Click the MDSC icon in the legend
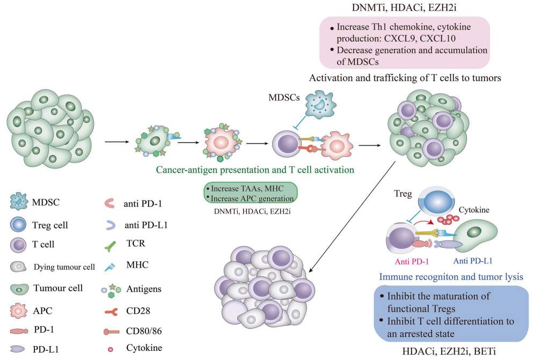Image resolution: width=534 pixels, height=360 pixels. tap(19, 202)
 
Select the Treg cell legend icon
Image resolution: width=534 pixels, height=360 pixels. tap(18, 225)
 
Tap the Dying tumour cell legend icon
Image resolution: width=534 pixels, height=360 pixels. tap(18, 267)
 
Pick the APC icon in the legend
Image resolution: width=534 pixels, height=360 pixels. tap(18, 310)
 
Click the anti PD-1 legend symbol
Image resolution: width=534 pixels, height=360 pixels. tap(109, 203)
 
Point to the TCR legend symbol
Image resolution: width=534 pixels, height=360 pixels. tap(110, 246)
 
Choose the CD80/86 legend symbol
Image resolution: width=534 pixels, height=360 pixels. tap(112, 332)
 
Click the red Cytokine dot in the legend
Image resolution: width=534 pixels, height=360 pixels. tap(111, 349)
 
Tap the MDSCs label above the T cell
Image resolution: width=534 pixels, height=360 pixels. tap(284, 98)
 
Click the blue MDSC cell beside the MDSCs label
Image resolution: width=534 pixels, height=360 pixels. tap(320, 105)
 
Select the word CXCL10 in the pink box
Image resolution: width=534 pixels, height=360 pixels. tap(437, 39)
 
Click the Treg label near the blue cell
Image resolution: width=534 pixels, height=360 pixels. tap(403, 194)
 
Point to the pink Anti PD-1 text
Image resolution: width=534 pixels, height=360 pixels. tap(412, 262)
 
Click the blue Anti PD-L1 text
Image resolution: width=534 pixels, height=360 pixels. tap(473, 261)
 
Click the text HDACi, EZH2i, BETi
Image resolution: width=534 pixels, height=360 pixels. tap(449, 351)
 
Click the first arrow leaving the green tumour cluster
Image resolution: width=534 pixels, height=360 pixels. tap(117, 142)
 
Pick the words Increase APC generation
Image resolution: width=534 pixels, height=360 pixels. tap(252, 198)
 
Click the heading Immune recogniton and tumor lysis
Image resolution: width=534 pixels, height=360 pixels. tap(451, 276)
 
